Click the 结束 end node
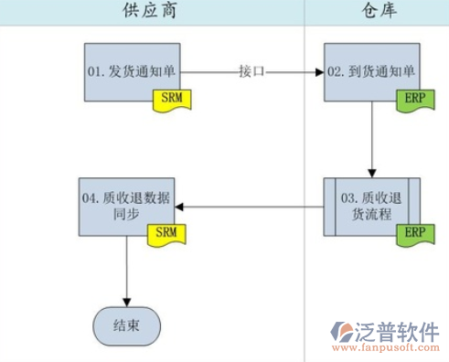point(126,325)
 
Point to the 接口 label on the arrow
point(251,71)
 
